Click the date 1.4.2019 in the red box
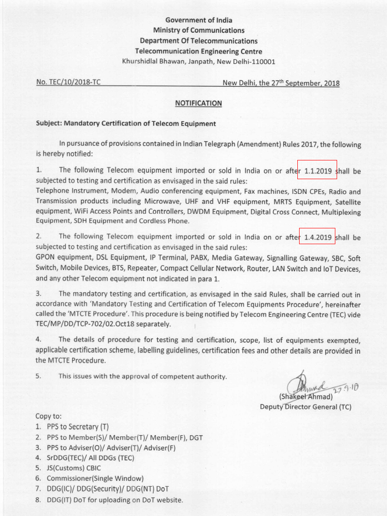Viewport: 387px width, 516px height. (318, 238)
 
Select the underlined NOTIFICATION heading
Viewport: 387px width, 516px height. (198, 103)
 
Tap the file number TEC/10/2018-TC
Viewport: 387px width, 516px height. (72, 83)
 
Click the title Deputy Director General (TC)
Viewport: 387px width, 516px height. (305, 406)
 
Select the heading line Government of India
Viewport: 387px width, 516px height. (198, 20)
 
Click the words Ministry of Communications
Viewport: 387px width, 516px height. (198, 30)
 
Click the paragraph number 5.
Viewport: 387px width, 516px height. (39, 375)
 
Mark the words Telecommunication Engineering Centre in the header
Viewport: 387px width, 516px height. (198, 52)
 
